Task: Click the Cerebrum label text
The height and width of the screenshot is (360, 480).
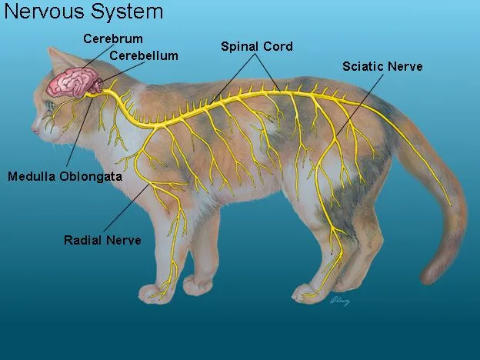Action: click(x=114, y=38)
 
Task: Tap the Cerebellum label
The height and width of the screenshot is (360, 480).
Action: click(x=144, y=55)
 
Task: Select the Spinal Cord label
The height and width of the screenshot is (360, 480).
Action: click(x=257, y=46)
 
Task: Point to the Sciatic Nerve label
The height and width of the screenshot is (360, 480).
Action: click(x=382, y=67)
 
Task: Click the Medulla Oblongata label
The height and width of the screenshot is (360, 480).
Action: click(x=65, y=177)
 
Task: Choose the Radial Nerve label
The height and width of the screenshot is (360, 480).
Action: click(x=102, y=240)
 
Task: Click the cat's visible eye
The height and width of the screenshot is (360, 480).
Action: click(x=50, y=103)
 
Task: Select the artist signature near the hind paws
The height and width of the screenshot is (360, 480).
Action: click(x=340, y=301)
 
